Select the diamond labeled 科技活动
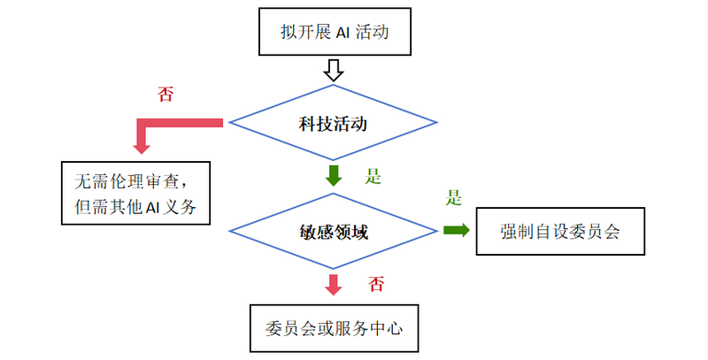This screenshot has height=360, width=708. (x=333, y=121)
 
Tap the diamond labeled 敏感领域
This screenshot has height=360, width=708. (x=333, y=233)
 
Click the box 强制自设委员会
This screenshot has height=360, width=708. (x=559, y=232)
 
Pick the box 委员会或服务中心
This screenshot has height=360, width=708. (x=333, y=327)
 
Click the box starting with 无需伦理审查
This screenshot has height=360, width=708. (x=135, y=193)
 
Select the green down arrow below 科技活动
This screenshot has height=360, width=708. (x=334, y=174)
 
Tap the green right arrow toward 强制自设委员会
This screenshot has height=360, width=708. (x=457, y=230)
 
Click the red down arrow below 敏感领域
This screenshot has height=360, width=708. (x=334, y=285)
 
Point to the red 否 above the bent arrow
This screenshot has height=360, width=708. (x=165, y=95)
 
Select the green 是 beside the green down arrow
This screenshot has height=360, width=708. (x=373, y=176)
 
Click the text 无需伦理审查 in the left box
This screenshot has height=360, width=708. (x=128, y=179)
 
